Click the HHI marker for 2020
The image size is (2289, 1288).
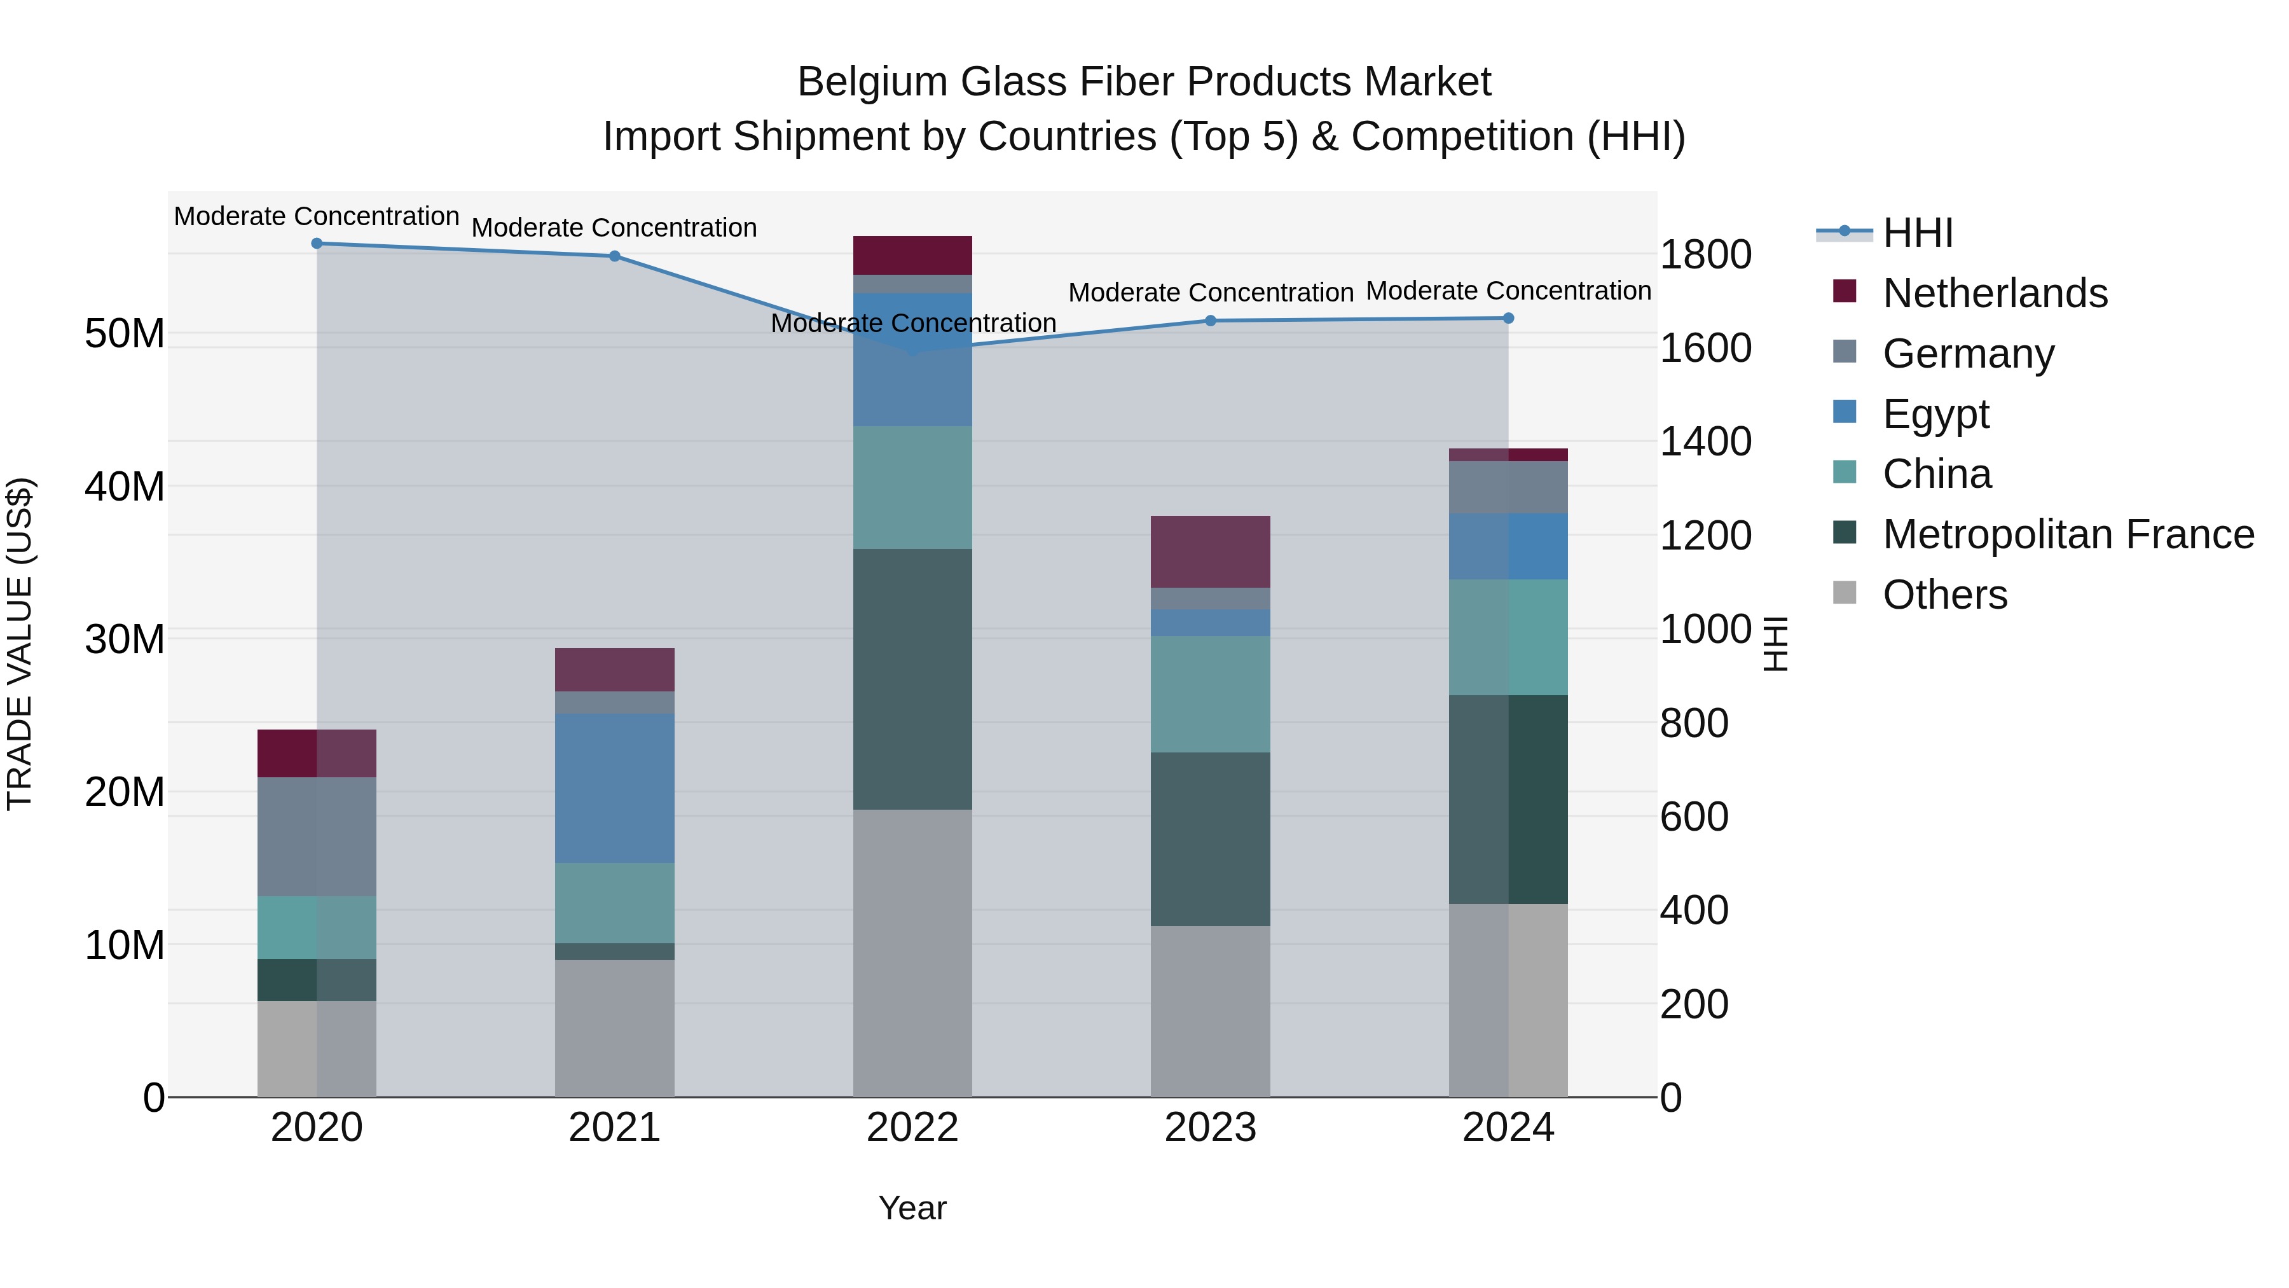coord(317,244)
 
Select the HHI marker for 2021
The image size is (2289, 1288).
coord(614,256)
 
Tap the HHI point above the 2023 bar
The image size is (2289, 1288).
coord(1210,321)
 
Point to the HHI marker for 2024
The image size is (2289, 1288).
coord(1508,318)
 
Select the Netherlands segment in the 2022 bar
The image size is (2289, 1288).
coord(912,255)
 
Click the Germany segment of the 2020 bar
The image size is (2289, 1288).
coord(317,836)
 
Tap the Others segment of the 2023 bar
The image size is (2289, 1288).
coord(1210,1011)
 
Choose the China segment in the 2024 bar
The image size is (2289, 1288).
coord(1508,637)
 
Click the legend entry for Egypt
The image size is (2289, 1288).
coord(1935,413)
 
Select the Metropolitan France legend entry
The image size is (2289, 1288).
coord(2068,534)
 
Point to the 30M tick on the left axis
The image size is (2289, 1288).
coord(125,639)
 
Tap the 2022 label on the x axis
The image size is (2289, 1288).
coord(912,1128)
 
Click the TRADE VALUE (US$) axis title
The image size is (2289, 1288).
coord(20,644)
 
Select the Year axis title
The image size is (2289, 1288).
coord(912,1208)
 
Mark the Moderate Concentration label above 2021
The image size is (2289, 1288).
coord(614,228)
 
